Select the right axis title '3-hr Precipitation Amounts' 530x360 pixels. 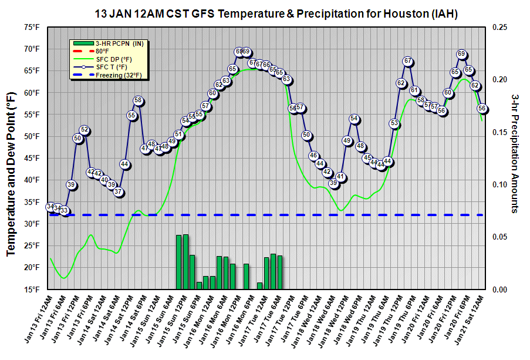[515, 153]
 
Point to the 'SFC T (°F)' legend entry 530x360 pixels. [112, 67]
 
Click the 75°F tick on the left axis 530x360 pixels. [31, 27]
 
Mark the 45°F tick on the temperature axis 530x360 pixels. [31, 158]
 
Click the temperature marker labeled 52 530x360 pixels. [85, 130]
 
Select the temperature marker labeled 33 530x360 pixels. [65, 210]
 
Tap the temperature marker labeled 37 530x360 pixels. [118, 192]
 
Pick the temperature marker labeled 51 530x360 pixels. [179, 134]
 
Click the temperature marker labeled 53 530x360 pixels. [394, 123]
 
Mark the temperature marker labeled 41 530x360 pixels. [340, 177]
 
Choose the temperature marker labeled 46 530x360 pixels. [313, 156]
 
